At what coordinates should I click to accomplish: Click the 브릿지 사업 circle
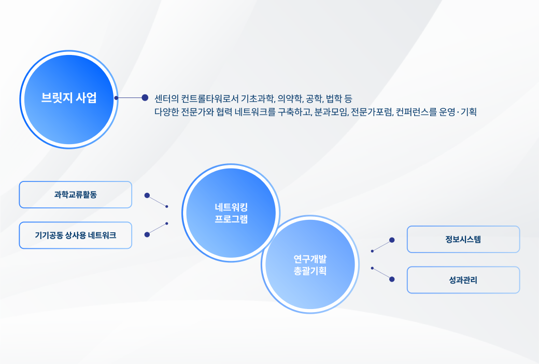coord(69,100)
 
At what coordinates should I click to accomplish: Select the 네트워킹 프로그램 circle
coord(231,213)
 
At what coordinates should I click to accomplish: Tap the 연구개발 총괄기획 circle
coord(310,264)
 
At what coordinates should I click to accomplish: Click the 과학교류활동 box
coord(76,195)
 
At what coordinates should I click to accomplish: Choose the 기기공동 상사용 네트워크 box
coord(76,235)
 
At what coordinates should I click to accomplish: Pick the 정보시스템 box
coord(463,240)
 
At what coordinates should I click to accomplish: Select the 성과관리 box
coord(463,280)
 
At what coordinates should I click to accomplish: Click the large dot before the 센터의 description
coord(145,97)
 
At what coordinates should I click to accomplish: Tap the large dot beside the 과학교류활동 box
coord(147,195)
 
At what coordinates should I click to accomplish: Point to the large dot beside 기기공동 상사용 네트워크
coord(147,235)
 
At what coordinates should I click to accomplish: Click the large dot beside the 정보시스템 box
coord(392,240)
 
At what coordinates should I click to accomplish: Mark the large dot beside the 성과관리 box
coord(392,279)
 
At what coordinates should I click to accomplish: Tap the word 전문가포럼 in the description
coord(372,112)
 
